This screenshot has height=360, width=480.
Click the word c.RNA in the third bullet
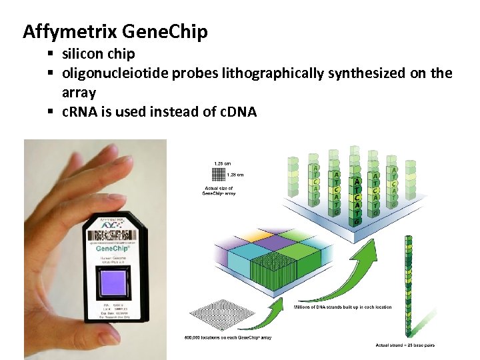[81, 111]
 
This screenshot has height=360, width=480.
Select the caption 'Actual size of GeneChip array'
[219, 191]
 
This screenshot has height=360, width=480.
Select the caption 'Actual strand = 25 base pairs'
[406, 345]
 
